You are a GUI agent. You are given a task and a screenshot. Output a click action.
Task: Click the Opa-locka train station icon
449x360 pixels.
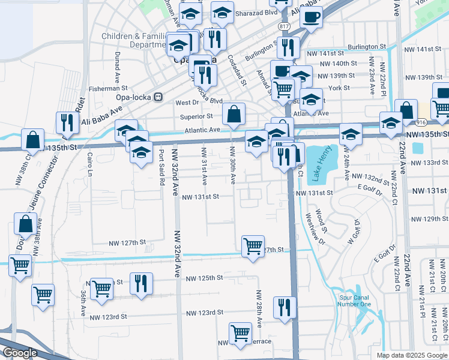click(158, 96)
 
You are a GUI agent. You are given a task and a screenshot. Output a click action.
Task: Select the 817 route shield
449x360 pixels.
click(285, 27)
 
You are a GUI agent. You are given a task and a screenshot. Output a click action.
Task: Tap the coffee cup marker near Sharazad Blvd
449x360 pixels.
click(311, 18)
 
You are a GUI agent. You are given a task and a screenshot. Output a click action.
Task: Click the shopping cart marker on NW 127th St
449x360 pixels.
click(253, 246)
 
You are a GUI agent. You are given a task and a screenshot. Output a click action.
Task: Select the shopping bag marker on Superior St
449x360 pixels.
click(234, 113)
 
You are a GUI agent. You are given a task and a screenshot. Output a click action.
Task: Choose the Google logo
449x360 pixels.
click(20, 353)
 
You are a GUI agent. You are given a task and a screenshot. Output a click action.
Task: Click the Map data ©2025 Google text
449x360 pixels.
click(411, 355)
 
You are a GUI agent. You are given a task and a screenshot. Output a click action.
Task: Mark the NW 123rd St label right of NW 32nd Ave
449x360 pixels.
click(204, 313)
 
